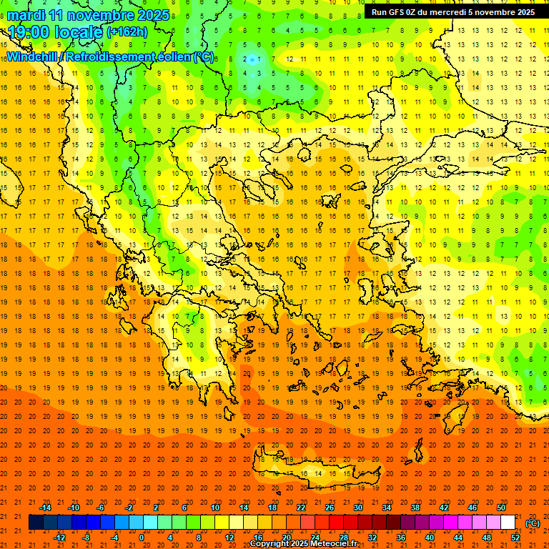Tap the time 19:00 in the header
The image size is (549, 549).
click(30, 31)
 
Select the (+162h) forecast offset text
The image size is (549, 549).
click(127, 32)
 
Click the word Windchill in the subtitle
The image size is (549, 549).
click(33, 56)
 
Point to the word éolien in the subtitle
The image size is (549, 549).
click(169, 56)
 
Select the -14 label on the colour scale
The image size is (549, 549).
click(46, 508)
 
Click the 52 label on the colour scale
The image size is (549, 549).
click(515, 538)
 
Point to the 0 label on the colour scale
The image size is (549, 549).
click(142, 538)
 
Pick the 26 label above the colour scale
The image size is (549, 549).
click(330, 508)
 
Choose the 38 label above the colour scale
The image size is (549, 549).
click(415, 508)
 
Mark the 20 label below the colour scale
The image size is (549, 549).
click(286, 538)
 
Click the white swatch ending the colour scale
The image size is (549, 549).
click(508, 523)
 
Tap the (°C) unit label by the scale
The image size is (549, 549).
click(532, 523)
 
